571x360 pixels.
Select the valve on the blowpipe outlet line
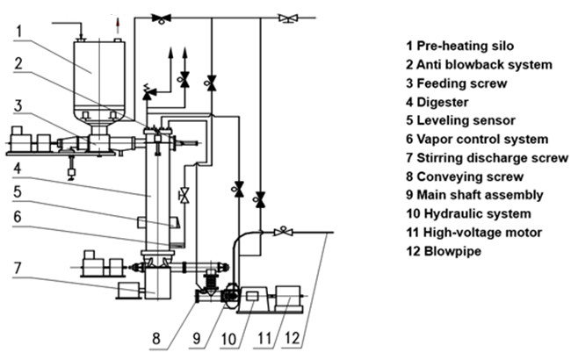pyautogui.click(x=283, y=233)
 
